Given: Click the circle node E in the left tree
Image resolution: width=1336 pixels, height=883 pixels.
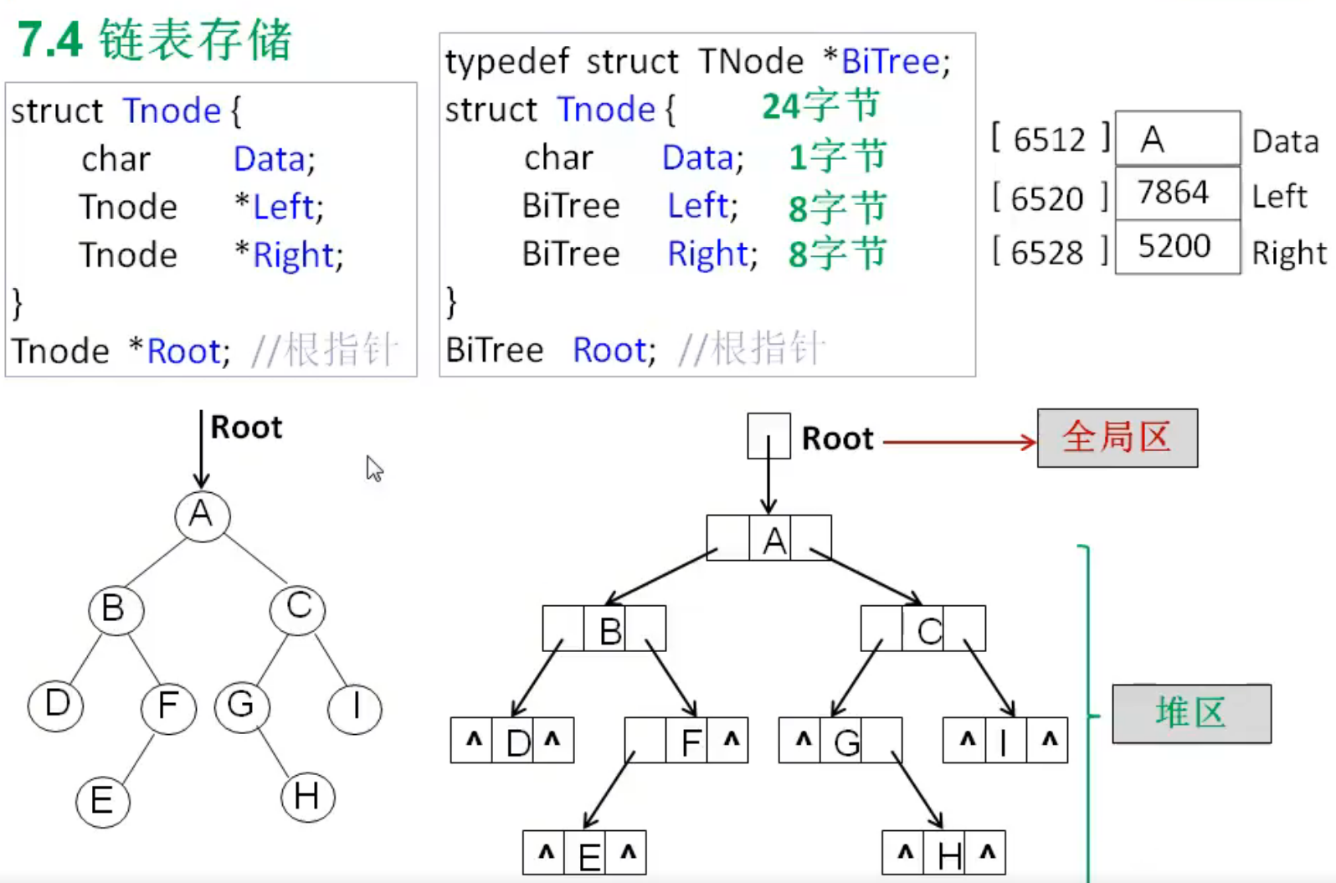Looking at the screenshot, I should (103, 801).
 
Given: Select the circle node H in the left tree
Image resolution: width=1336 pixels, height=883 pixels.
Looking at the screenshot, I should (307, 796).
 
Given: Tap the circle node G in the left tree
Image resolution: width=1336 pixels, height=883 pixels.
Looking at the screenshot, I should (242, 706).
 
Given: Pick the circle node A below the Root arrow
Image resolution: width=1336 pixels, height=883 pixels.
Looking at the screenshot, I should (202, 515).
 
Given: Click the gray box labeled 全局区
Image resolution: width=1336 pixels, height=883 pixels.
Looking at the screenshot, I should (1117, 438).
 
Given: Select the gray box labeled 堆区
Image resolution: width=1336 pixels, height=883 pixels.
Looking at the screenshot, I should (1190, 713).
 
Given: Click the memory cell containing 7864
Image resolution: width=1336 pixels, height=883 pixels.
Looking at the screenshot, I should (1176, 193).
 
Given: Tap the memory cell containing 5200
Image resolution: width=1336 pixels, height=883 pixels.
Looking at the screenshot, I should (1176, 247).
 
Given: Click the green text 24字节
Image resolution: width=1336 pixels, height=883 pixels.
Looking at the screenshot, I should (820, 106).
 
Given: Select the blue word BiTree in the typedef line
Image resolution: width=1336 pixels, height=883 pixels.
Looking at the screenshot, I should (891, 62).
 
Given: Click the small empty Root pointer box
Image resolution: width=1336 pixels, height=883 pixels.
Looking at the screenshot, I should (768, 435).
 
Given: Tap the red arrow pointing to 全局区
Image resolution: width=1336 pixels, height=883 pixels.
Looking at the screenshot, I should (959, 442).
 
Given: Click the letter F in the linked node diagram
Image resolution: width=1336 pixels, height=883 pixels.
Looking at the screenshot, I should (691, 742).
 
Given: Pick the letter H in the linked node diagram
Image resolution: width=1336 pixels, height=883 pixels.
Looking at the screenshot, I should (948, 855).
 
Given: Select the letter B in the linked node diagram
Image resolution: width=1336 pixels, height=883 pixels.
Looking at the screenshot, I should (610, 631).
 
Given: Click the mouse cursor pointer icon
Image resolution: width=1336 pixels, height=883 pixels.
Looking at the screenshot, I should (373, 469).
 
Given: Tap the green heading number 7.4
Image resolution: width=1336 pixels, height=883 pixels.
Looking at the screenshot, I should (49, 40).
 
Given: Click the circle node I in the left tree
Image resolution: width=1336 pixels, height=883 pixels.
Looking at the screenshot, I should (356, 707).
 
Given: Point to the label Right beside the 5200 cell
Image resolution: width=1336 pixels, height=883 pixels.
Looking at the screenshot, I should (1288, 253).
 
